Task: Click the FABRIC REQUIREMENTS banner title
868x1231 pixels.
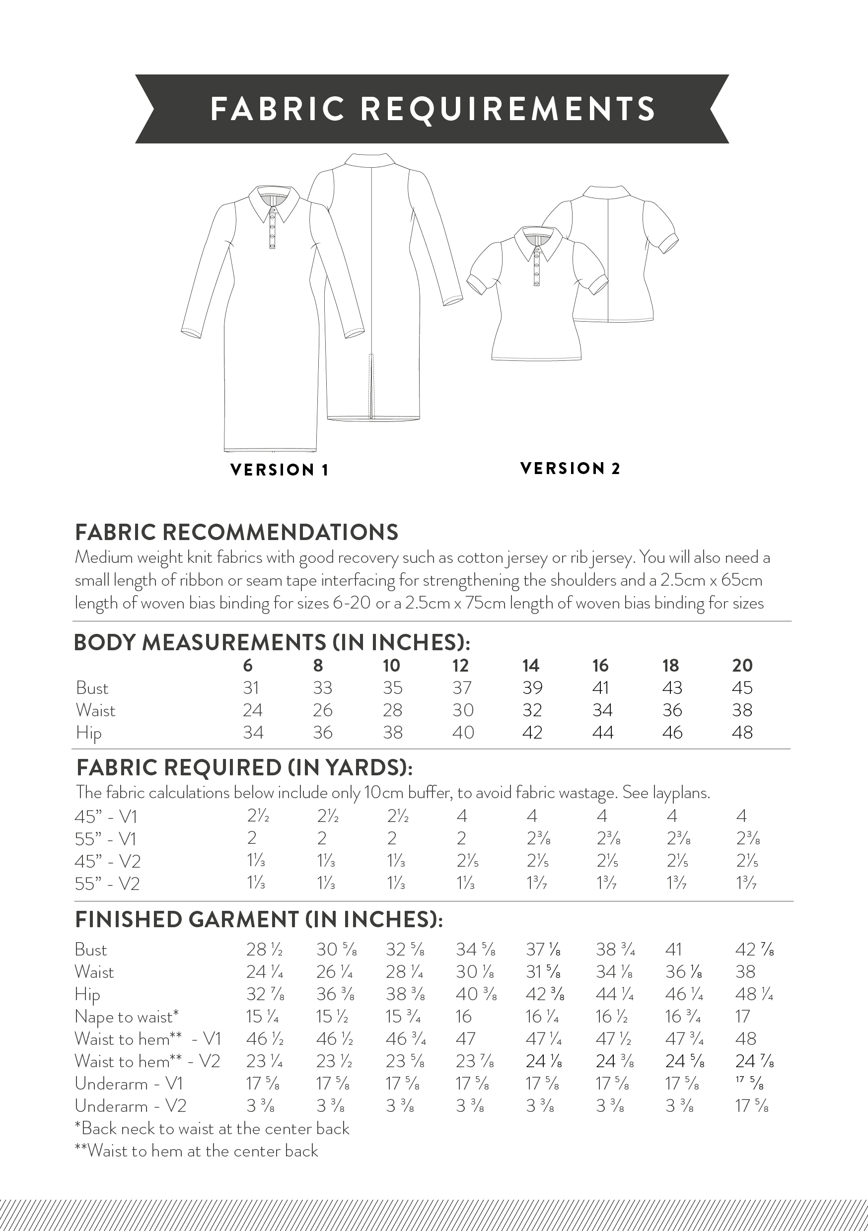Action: tap(433, 109)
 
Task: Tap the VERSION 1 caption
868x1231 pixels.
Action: tap(279, 470)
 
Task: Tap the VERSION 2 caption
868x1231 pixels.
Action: tap(570, 469)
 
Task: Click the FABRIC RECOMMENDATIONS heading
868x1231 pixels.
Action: tap(236, 533)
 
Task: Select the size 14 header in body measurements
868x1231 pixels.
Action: tap(530, 665)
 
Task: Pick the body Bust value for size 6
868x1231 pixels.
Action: tap(251, 688)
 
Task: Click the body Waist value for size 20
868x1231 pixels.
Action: tap(742, 710)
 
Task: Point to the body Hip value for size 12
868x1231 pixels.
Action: tap(463, 732)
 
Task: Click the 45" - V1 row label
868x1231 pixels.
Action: tap(106, 817)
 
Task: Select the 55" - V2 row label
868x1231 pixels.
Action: tap(107, 884)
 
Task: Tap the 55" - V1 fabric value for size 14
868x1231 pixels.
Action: tap(538, 838)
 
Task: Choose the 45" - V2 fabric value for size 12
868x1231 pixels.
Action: tap(467, 861)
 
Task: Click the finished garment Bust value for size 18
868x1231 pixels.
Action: tap(673, 950)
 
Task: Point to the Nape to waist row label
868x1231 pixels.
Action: tap(127, 1017)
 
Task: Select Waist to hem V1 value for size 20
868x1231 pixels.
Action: tap(745, 1039)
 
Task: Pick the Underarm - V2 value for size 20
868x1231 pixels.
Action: tap(752, 1105)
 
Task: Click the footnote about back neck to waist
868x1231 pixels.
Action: tap(212, 1129)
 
